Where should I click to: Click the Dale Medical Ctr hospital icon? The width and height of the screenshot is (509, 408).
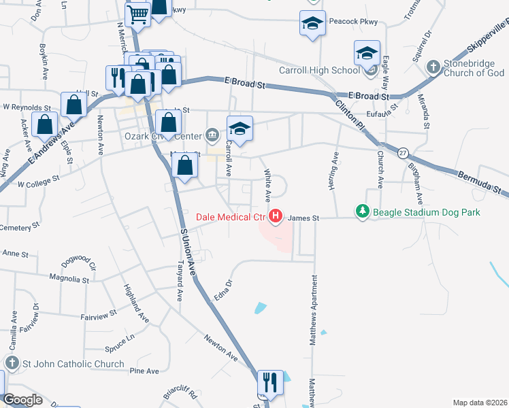coord(276,218)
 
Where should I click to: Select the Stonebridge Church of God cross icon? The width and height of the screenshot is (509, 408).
coord(432,67)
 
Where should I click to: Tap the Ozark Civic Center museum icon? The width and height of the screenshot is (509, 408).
coord(212,133)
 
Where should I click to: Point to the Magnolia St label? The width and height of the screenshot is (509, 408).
coord(69,279)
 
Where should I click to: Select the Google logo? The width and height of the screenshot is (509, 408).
coord(22,400)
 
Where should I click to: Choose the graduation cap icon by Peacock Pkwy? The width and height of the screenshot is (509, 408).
coord(312,24)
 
